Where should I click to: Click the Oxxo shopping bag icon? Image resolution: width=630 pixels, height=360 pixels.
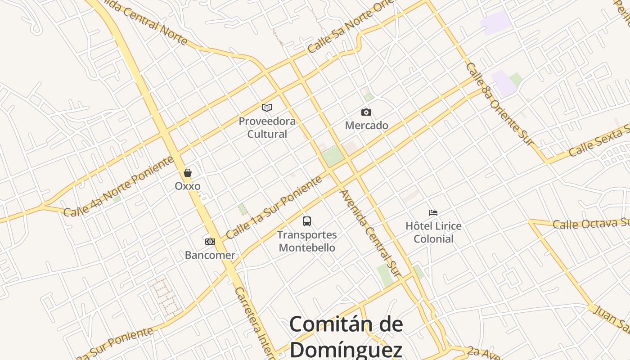(x=188, y=173)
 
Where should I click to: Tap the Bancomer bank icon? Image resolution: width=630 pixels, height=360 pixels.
(x=210, y=242)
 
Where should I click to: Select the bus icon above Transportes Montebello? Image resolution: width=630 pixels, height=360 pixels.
(x=307, y=221)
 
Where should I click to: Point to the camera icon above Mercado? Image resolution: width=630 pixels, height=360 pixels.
(x=366, y=112)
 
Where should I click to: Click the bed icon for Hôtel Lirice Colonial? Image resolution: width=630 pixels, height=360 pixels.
(x=433, y=212)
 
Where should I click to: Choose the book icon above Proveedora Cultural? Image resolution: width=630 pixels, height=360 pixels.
(x=267, y=108)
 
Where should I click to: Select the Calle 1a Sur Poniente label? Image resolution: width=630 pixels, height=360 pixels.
(x=274, y=207)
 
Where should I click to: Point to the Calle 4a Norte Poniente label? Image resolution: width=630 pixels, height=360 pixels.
(x=118, y=186)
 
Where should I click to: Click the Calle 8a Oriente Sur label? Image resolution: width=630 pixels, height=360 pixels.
(x=499, y=104)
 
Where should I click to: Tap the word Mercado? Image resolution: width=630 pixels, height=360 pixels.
(x=366, y=126)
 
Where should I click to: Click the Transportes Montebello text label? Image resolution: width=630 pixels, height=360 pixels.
(x=307, y=241)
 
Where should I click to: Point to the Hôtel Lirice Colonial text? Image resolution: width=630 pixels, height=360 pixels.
(x=433, y=232)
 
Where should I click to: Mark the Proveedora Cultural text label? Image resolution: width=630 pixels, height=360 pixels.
(x=267, y=127)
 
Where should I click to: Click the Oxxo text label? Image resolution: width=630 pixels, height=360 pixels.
(x=188, y=186)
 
